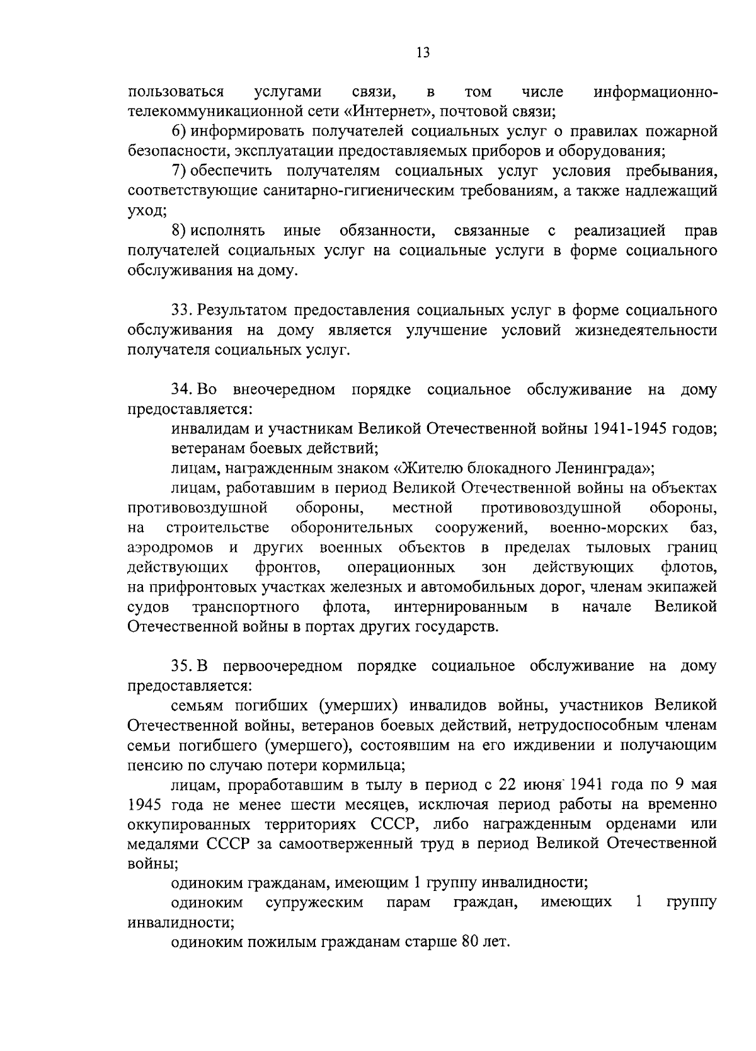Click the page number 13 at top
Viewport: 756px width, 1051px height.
[423, 54]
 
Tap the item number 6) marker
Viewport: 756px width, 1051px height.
[178, 132]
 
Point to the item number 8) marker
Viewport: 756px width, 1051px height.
[178, 231]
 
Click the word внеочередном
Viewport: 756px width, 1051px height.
[283, 389]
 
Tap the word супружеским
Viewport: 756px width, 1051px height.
[314, 903]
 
